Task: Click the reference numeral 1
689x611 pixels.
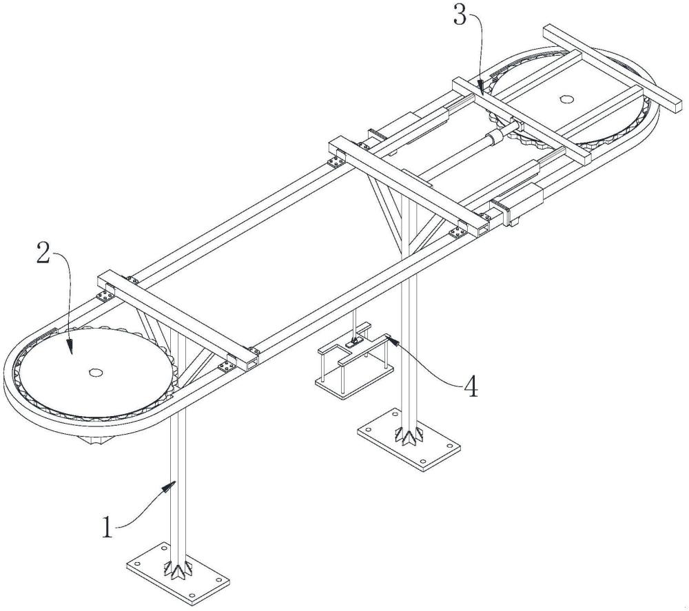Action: pos(107,527)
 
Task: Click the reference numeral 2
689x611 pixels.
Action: pos(43,253)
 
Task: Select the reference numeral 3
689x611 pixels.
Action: pos(460,17)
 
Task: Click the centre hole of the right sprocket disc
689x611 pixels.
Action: pos(566,99)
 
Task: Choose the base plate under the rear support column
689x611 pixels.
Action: pos(409,440)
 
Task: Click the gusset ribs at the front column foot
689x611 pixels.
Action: pos(179,569)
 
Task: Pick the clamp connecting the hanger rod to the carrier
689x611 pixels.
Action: pos(353,342)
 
